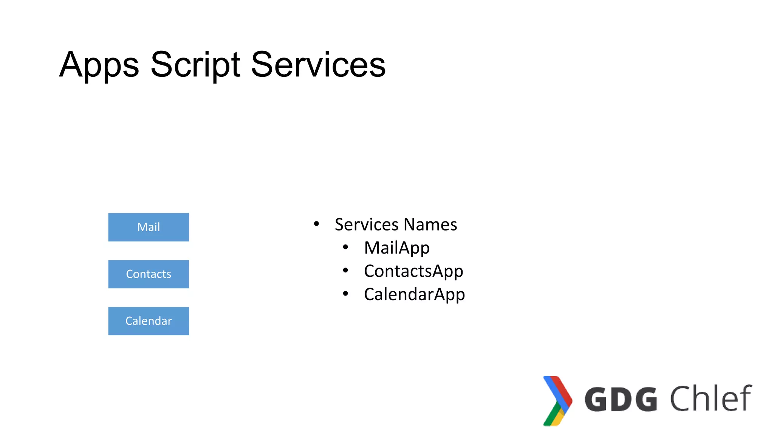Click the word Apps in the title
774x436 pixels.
coord(99,65)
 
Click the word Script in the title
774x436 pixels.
coord(195,65)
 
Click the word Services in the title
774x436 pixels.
coord(318,65)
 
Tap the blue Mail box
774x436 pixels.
coord(149,227)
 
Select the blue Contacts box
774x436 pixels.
coord(149,274)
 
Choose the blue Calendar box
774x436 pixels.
coord(149,321)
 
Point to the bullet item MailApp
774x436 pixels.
coord(396,248)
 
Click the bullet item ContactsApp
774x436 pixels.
coord(413,271)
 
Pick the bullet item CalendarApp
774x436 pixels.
coord(414,294)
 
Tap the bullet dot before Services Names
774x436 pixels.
coord(316,224)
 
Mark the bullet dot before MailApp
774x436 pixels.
coord(345,247)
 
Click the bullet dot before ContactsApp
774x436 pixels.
coord(345,270)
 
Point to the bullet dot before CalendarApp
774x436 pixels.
coord(345,293)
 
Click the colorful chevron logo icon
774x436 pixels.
coord(557,400)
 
